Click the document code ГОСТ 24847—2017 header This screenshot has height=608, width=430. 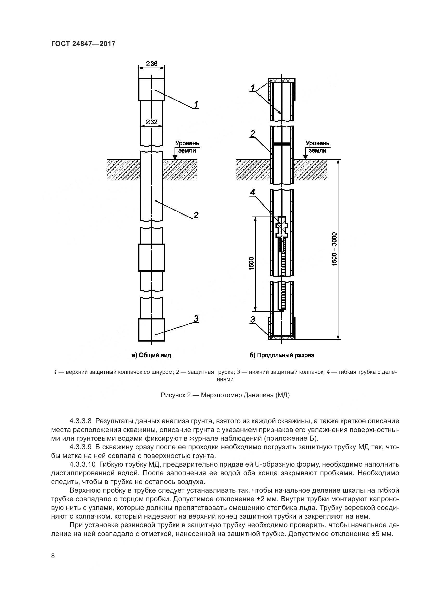click(83, 44)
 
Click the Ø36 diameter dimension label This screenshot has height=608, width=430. click(152, 64)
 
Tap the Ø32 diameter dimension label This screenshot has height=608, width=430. click(152, 122)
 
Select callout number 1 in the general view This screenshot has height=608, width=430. click(196, 105)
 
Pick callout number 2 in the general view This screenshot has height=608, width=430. click(196, 215)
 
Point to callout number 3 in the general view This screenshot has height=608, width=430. click(196, 319)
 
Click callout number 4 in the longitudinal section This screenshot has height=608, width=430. click(253, 193)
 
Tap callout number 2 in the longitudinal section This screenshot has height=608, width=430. click(253, 134)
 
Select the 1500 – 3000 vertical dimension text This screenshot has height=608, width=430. click(334, 249)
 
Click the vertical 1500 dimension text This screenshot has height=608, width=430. click(252, 264)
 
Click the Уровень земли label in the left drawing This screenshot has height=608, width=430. click(187, 147)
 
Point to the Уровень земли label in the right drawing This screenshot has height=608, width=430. click(317, 147)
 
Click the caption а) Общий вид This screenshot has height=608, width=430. click(151, 355)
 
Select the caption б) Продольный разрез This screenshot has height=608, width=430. click(282, 355)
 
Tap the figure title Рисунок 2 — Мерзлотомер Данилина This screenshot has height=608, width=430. click(225, 395)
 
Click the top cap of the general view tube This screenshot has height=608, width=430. click(151, 89)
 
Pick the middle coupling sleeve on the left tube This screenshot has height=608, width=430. click(151, 257)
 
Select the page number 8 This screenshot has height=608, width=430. click(53, 555)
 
